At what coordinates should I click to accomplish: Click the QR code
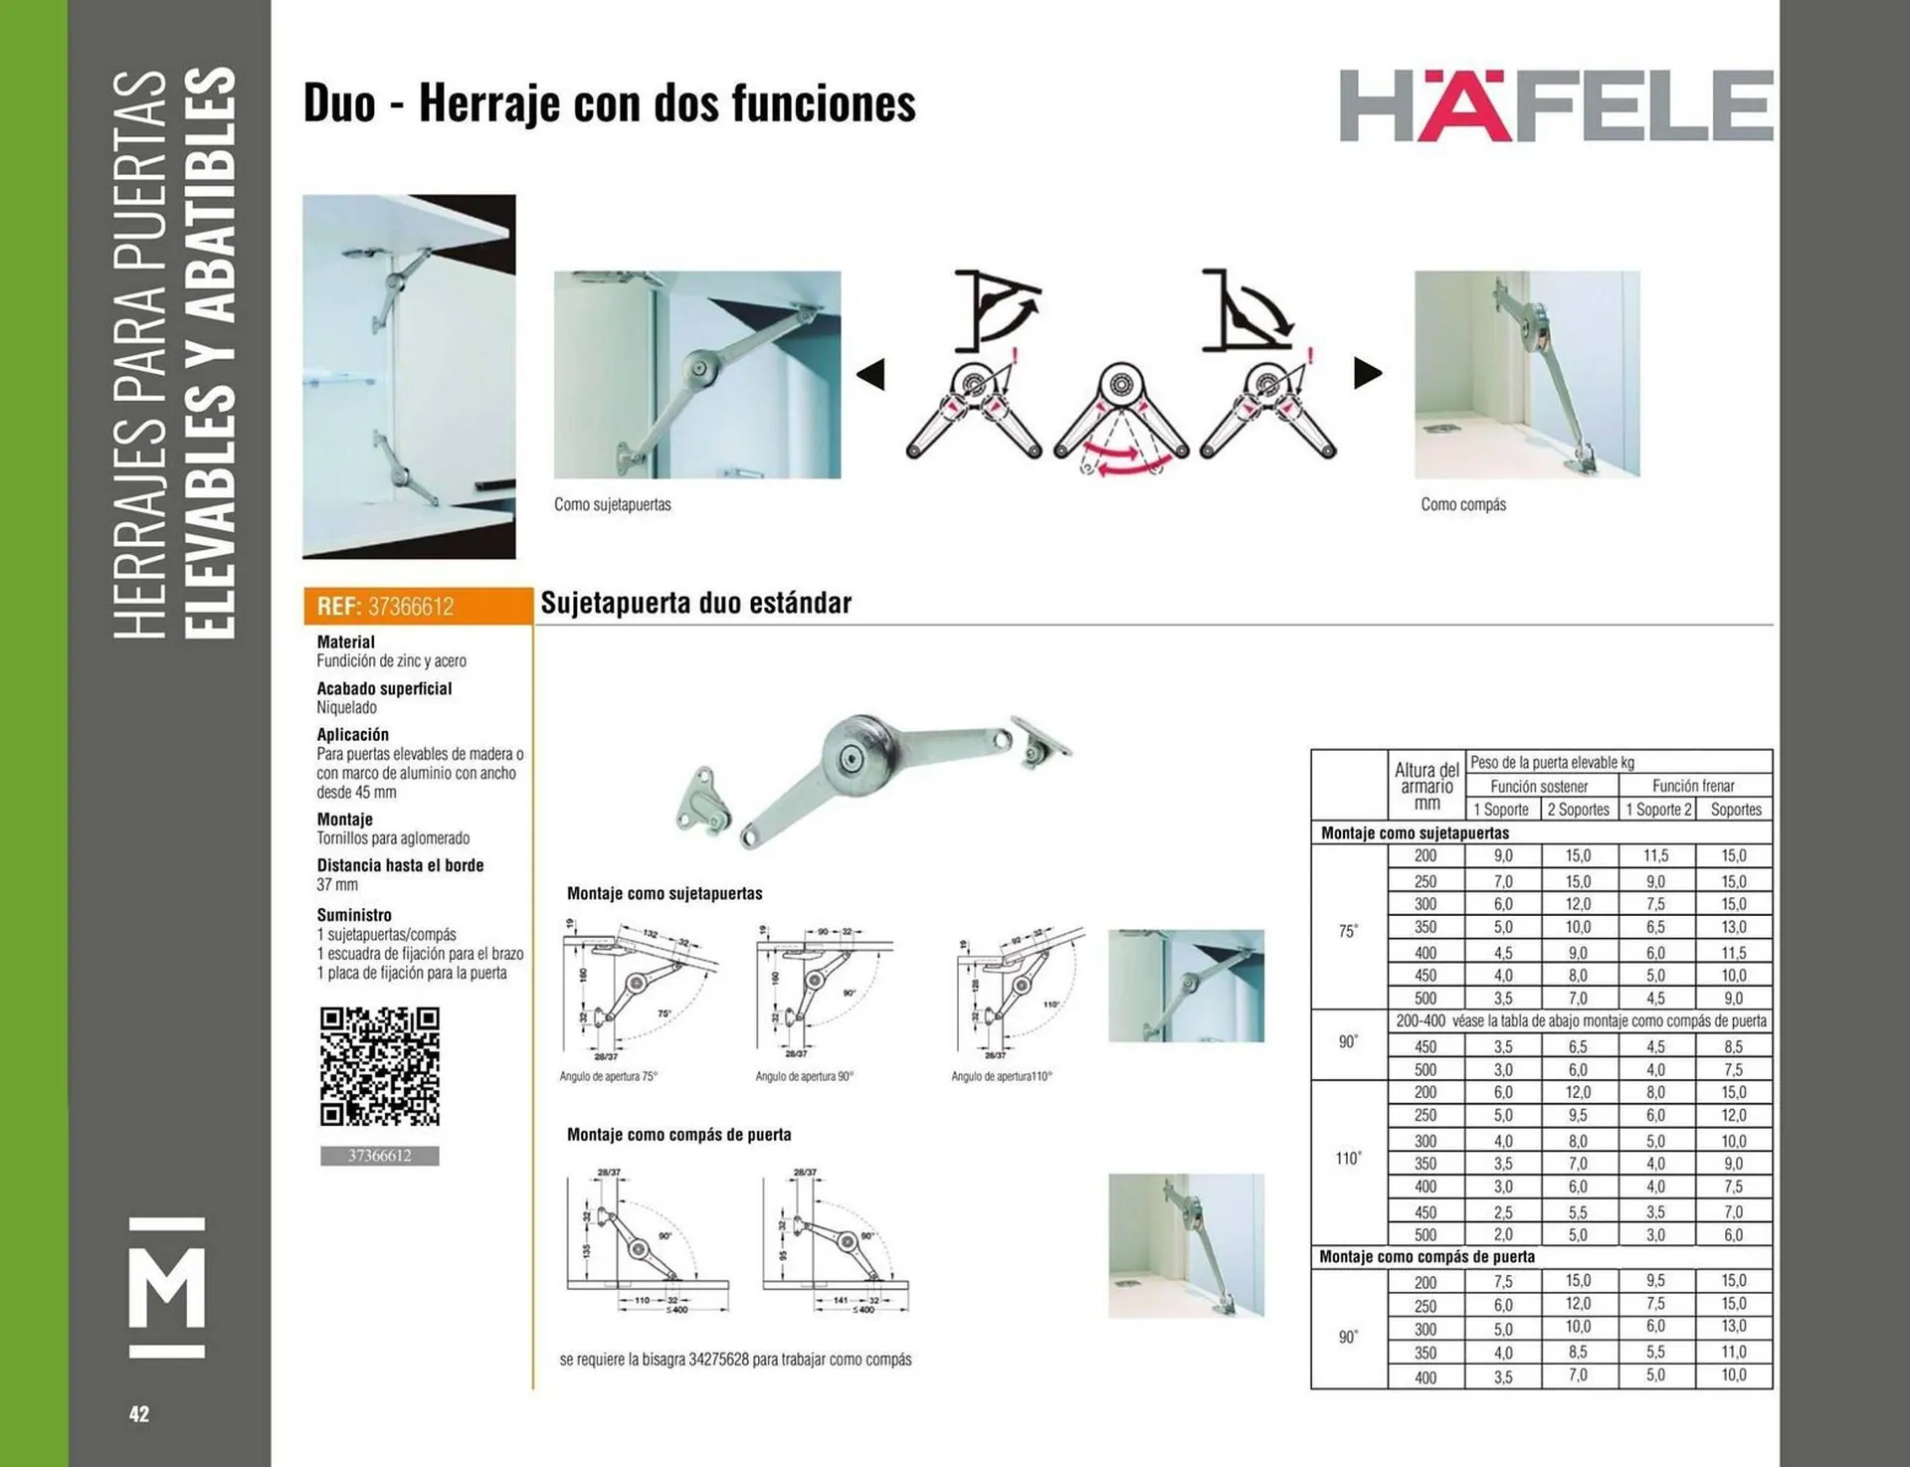tap(379, 1066)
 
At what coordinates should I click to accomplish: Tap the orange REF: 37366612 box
tap(418, 606)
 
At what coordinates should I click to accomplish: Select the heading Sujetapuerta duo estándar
tap(695, 603)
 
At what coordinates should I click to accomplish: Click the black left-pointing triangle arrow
tap(871, 375)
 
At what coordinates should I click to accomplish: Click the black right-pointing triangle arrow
tap(1368, 374)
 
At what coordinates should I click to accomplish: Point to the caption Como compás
tap(1462, 504)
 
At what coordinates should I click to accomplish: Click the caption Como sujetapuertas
tap(612, 504)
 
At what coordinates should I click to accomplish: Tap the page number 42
tap(139, 1413)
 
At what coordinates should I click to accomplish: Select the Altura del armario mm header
tap(1427, 786)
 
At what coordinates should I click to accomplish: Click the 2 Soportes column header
tap(1578, 810)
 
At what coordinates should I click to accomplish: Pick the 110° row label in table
tap(1348, 1158)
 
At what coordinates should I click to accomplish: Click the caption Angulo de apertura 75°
tap(608, 1076)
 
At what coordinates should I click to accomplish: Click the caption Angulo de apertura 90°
tap(804, 1076)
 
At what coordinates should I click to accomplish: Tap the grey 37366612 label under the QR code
tap(379, 1156)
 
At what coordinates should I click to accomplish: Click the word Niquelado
tap(346, 708)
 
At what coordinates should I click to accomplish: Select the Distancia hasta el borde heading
tap(400, 865)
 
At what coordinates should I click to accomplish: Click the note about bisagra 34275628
tap(735, 1359)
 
